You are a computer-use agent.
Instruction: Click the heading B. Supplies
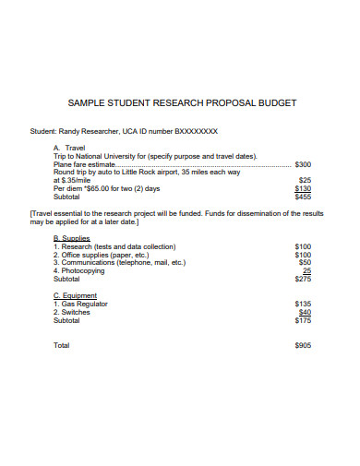(72, 238)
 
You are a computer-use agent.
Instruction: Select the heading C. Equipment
(76, 295)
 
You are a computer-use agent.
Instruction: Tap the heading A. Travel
(70, 147)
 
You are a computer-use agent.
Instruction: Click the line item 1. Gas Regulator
(81, 304)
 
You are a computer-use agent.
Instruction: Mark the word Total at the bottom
(62, 345)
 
